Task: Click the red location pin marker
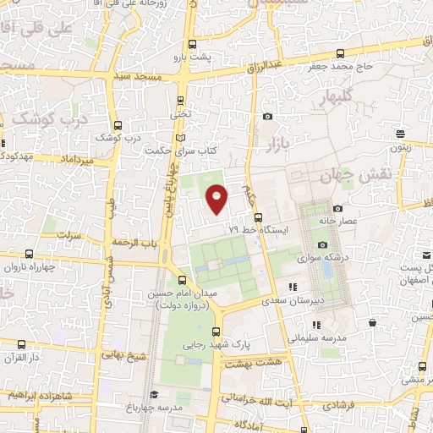tap(217, 198)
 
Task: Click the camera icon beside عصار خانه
tap(338, 208)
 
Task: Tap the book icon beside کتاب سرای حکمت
tap(178, 138)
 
